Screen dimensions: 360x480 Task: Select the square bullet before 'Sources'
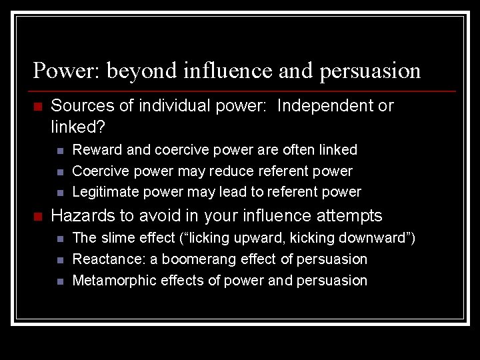pos(37,107)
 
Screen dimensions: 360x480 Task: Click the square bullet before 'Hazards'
pos(37,217)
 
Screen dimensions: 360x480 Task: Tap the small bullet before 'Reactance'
pos(60,260)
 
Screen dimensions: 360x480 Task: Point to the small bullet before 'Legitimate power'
pos(60,193)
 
